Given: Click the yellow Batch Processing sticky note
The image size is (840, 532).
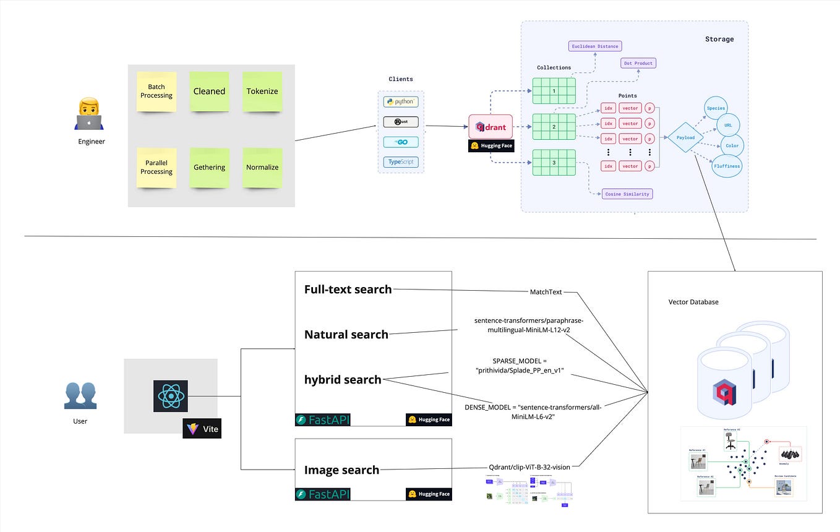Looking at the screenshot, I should pyautogui.click(x=156, y=92).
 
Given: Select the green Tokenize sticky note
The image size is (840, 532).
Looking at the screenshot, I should pyautogui.click(x=262, y=92).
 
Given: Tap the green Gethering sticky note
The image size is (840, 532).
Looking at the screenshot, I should pyautogui.click(x=209, y=168).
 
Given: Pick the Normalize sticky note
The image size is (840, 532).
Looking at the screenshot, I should pyautogui.click(x=262, y=168).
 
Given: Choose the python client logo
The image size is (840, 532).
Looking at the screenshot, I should pyautogui.click(x=401, y=101).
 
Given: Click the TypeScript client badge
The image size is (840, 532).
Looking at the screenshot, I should pyautogui.click(x=401, y=162).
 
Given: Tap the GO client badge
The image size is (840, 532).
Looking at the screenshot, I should pyautogui.click(x=401, y=142).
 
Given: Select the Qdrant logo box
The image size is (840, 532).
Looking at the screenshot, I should pyautogui.click(x=491, y=127).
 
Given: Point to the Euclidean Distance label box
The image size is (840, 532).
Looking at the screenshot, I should pyautogui.click(x=594, y=46).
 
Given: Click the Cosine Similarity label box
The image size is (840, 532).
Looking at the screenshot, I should pyautogui.click(x=627, y=194).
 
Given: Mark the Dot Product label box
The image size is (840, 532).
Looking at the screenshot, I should pyautogui.click(x=637, y=63).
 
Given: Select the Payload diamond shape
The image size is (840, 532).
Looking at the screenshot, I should pyautogui.click(x=685, y=138).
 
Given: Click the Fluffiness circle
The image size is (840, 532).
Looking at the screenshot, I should pyautogui.click(x=726, y=166).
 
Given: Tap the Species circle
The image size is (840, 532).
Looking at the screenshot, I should pyautogui.click(x=714, y=108).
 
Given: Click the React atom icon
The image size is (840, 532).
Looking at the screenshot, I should pyautogui.click(x=170, y=396).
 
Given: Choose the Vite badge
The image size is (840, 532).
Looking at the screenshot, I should pyautogui.click(x=202, y=429).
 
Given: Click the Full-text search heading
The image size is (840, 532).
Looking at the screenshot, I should pyautogui.click(x=348, y=289).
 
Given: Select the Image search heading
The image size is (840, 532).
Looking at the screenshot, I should pyautogui.click(x=341, y=470).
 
